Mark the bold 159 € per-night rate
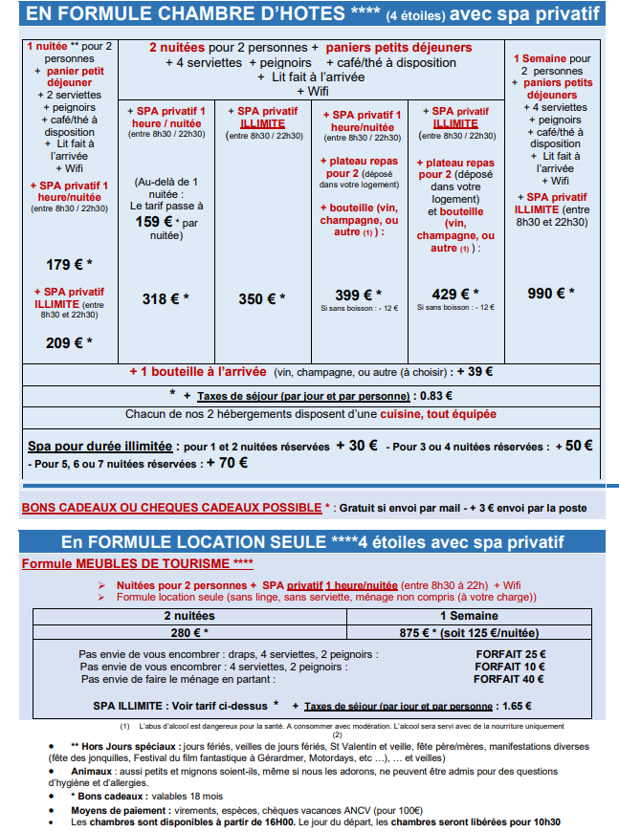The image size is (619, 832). [x=154, y=221]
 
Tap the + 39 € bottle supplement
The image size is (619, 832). [x=475, y=372]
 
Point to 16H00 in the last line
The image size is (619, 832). [x=261, y=821]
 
